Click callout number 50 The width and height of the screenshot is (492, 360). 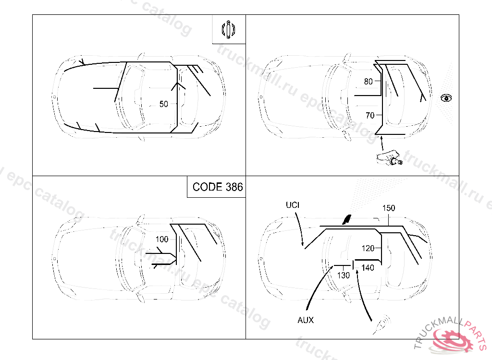(163, 104)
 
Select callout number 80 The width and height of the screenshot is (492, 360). (368, 82)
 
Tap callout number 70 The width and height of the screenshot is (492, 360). (370, 116)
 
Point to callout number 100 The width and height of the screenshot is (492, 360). (162, 239)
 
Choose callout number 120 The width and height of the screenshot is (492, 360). (368, 248)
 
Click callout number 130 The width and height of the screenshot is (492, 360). (343, 276)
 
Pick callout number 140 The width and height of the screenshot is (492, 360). (368, 268)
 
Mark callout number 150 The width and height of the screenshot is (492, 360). (388, 208)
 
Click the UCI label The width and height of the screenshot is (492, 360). (293, 205)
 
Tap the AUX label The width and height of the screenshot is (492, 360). (305, 320)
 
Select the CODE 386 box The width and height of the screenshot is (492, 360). (216, 187)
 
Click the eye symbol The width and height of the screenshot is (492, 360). (446, 98)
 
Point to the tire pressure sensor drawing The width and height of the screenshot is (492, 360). (389, 157)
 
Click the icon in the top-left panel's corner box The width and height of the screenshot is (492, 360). (228, 29)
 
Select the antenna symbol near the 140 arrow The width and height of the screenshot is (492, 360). (382, 324)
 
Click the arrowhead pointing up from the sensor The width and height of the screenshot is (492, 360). (381, 138)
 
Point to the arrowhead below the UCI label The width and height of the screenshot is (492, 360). (303, 244)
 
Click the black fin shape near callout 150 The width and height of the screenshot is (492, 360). (347, 219)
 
